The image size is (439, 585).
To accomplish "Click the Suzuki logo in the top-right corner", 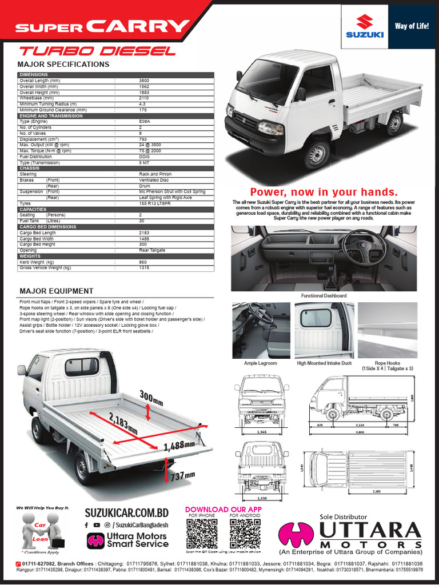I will pos(365,27).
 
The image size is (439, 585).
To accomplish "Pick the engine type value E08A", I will pos(144,122).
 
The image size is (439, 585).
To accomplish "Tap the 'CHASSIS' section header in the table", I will pos(30,169).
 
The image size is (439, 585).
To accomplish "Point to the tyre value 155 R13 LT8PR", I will pos(155,203).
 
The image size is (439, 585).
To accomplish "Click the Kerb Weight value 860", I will pos(143,262).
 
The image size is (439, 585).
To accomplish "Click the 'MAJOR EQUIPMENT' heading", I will pos(56,291).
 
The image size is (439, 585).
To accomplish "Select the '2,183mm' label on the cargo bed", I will pos(124,422).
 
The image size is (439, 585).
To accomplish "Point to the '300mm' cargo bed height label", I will pos(152,396).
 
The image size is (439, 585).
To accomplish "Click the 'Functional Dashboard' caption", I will pos(324,296).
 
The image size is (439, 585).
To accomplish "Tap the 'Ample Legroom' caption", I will pos(260,363).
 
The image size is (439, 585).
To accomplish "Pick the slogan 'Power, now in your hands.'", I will pos(324,192).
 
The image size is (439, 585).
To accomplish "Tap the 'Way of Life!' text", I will pos(412,26).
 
